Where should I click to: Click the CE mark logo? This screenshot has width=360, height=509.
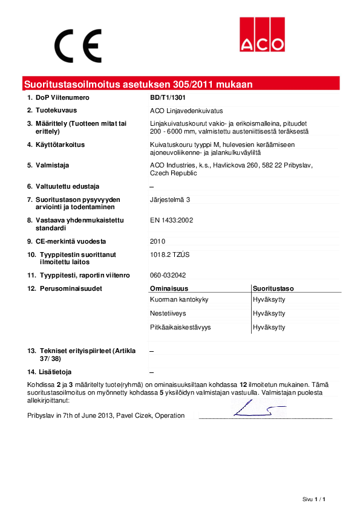(78, 43)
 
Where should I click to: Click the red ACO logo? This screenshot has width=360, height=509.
(261, 34)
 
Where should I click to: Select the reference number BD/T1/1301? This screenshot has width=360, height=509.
(168, 97)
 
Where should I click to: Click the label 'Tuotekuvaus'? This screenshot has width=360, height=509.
(59, 110)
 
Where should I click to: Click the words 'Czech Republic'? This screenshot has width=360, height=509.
(173, 173)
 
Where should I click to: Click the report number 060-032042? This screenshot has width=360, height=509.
(168, 275)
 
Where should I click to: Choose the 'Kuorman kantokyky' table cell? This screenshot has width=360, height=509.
(179, 299)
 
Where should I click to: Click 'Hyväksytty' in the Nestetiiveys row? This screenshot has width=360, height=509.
(269, 313)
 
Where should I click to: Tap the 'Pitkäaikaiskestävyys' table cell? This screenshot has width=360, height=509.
(180, 327)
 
